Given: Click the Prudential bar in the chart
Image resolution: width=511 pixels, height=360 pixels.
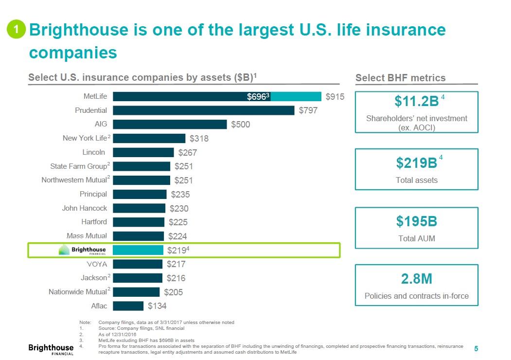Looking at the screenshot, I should click(x=204, y=110).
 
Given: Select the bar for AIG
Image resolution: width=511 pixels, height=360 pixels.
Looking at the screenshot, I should click(x=170, y=125).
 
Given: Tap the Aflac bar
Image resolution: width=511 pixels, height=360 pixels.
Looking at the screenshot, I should click(x=128, y=306).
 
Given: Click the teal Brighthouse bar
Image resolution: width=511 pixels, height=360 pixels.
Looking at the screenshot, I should click(x=138, y=250).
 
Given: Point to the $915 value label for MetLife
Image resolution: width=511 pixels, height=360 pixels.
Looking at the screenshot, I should click(x=335, y=97).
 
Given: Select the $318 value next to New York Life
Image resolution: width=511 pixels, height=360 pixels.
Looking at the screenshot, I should click(x=199, y=139).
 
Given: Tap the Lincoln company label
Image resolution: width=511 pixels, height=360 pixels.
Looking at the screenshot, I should click(x=93, y=152).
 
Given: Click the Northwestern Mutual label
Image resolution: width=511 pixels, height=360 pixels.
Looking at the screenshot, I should click(x=74, y=180).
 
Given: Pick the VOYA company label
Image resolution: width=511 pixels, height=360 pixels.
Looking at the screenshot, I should click(x=96, y=264).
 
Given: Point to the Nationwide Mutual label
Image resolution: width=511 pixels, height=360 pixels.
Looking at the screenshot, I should click(x=77, y=292).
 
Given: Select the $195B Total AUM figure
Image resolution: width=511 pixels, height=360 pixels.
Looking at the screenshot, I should click(x=417, y=222).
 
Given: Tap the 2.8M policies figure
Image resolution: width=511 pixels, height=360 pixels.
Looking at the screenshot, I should click(x=417, y=279).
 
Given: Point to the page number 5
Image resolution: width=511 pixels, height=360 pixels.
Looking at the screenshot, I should click(x=476, y=348).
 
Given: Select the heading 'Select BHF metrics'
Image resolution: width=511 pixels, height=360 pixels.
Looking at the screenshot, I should click(x=400, y=78).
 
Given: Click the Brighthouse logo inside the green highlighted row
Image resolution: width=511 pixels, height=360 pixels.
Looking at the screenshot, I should click(x=82, y=250).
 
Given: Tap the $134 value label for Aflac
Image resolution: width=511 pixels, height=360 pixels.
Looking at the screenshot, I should click(x=157, y=306).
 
